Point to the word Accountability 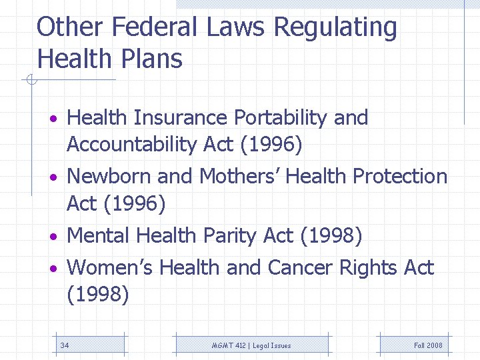[x=141, y=145]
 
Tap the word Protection [x=400, y=177]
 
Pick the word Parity [x=231, y=236]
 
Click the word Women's [x=111, y=267]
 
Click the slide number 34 [x=65, y=345]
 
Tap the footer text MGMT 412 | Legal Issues [x=251, y=345]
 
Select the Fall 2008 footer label [x=428, y=345]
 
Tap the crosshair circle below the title [x=29, y=81]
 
